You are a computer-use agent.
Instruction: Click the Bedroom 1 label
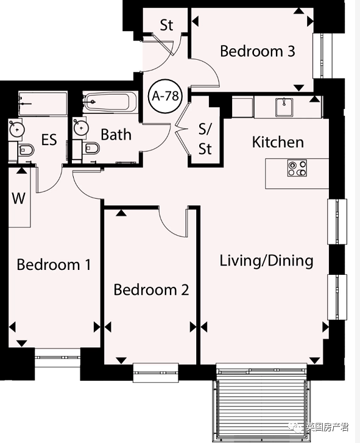click(54, 264)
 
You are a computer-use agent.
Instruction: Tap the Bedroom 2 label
click(151, 290)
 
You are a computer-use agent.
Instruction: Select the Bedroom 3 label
click(258, 51)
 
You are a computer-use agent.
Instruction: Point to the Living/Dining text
click(267, 261)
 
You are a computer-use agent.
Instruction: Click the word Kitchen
click(278, 142)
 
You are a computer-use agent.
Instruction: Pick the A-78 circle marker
click(166, 96)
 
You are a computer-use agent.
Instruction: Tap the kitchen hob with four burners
click(297, 168)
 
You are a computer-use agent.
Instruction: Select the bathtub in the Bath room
click(110, 102)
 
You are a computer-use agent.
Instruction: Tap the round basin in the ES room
click(17, 129)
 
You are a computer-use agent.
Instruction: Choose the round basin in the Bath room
click(81, 128)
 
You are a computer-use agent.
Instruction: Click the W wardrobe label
click(19, 198)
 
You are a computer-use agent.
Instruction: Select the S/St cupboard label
click(205, 140)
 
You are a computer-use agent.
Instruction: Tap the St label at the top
click(166, 25)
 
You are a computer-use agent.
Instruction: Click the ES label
click(49, 140)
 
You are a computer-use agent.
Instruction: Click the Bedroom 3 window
click(323, 56)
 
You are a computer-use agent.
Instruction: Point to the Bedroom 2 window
click(156, 373)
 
